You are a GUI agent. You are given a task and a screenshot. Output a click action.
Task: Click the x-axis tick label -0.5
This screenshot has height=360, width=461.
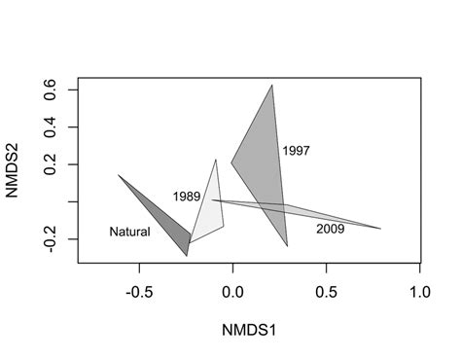[x=139, y=292]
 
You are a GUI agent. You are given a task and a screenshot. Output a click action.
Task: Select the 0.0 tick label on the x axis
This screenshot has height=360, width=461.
[x=232, y=292]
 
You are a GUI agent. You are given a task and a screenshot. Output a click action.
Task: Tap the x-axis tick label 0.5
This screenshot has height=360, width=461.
[x=326, y=292]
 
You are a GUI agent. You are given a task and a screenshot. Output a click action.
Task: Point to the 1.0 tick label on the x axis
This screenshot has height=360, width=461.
[x=419, y=292]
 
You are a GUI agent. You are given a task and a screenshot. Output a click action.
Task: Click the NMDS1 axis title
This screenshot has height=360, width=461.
[x=249, y=331]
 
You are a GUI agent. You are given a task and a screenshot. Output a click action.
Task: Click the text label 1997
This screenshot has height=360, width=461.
[x=296, y=151]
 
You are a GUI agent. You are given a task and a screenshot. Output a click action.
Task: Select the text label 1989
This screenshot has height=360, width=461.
[x=187, y=197]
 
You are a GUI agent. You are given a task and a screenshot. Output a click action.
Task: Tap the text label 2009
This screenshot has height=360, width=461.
[x=331, y=229]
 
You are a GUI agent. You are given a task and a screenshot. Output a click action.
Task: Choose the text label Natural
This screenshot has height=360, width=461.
[x=129, y=232]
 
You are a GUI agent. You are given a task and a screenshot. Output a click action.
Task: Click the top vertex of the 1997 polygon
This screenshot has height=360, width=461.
[x=271, y=85]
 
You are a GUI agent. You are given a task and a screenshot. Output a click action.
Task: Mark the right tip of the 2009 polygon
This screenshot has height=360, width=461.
[x=380, y=229]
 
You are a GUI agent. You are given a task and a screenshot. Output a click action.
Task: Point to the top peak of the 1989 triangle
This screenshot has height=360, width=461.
[x=216, y=160]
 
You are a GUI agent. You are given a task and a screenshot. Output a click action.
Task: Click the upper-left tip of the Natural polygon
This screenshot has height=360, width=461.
[x=119, y=175]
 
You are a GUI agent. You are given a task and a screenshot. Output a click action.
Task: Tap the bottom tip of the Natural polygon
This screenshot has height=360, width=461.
[x=187, y=256]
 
